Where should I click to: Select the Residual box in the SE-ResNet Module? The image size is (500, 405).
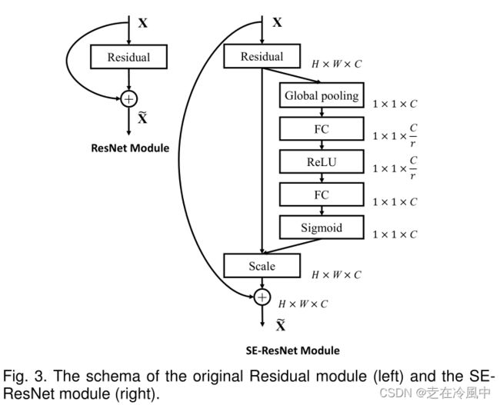(x=262, y=56)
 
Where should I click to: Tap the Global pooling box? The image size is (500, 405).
(x=322, y=96)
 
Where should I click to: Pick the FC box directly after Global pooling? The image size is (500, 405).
(x=322, y=129)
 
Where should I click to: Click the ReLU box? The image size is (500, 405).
(x=322, y=161)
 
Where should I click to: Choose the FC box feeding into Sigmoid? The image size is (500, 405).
(x=322, y=194)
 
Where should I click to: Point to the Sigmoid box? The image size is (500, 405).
(x=322, y=227)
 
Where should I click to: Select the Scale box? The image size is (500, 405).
(x=262, y=266)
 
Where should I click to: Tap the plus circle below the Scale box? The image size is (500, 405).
(x=262, y=297)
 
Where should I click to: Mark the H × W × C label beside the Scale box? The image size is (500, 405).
(x=336, y=274)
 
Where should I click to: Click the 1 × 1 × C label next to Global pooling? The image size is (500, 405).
(x=395, y=103)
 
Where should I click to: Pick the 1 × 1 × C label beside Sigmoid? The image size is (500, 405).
(x=395, y=234)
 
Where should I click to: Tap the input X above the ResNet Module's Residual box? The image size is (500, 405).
(x=142, y=23)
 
